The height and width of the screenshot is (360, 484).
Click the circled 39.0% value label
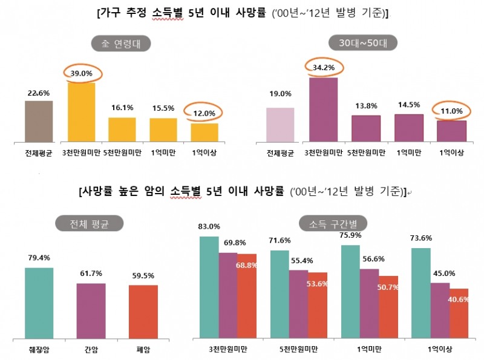82,73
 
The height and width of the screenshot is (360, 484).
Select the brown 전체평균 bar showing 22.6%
39,122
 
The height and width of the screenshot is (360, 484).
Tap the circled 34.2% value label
323,68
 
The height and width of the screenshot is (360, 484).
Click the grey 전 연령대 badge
120,43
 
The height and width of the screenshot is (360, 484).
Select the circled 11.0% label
451,111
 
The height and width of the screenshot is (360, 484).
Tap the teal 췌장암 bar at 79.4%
39,302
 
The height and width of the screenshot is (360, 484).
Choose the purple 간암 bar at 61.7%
91,310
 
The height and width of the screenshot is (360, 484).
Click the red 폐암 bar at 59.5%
143,311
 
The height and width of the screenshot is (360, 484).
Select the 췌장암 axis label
39,348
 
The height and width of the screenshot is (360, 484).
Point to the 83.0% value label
209,226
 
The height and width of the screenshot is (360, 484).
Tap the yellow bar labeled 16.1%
122,130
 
